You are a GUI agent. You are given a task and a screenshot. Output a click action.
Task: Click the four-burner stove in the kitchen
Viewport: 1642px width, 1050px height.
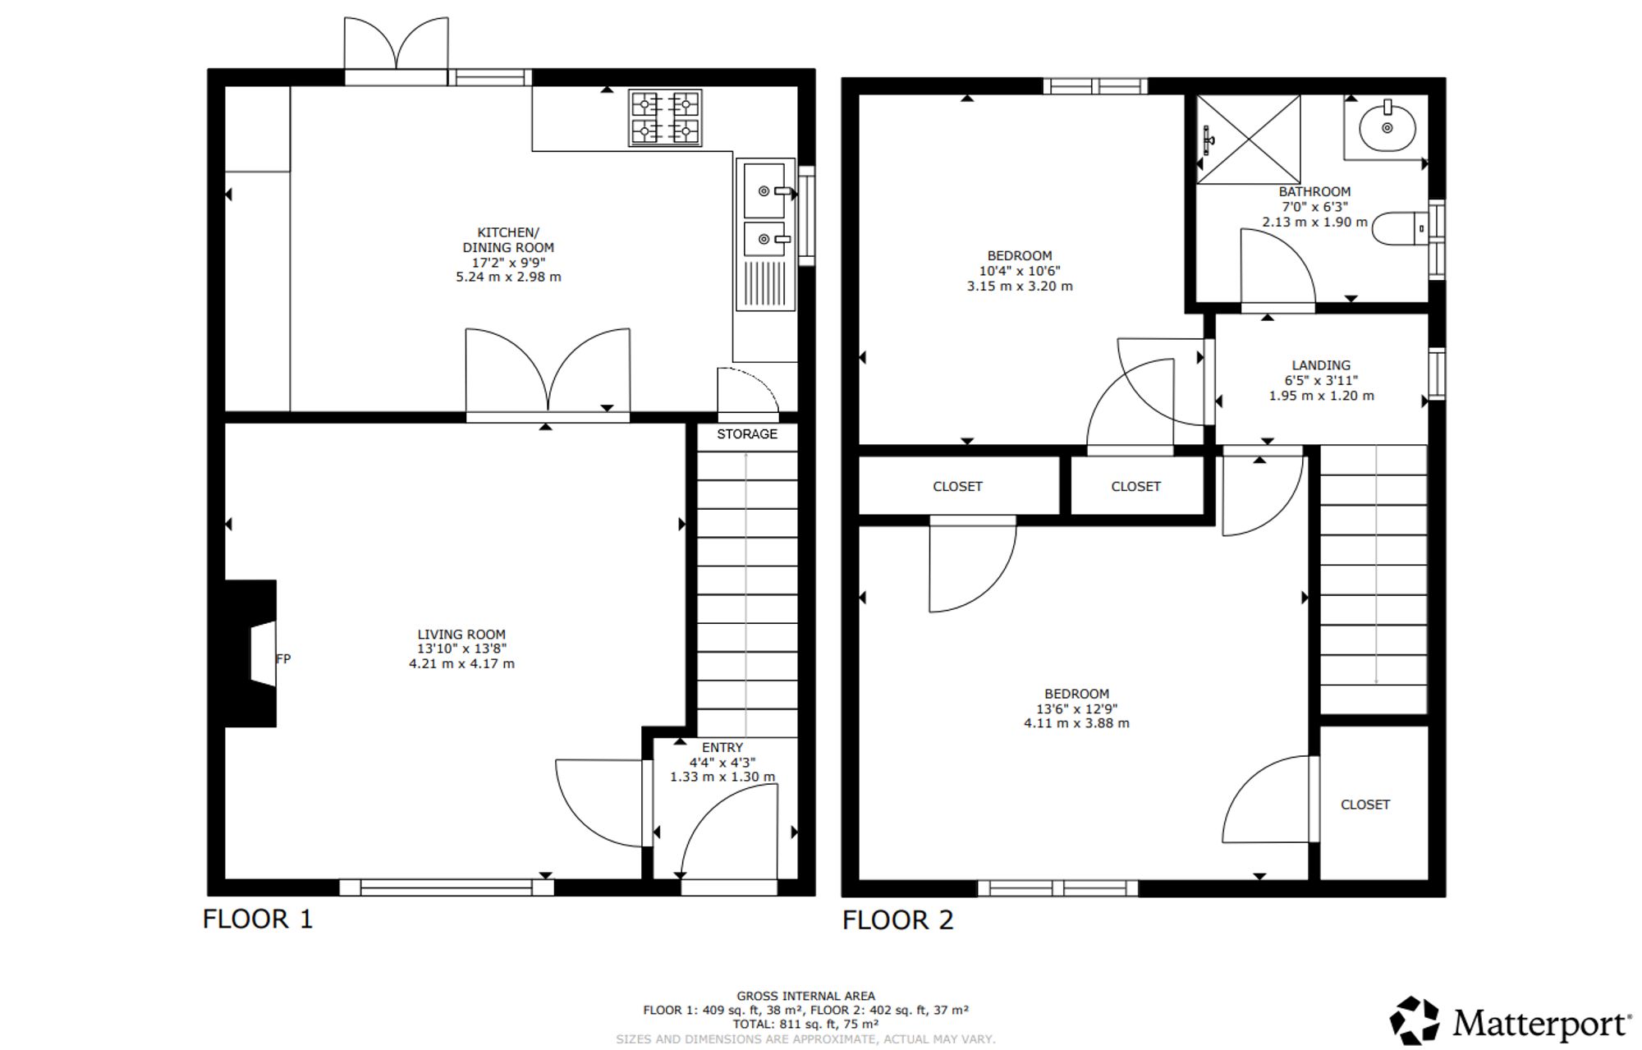pyautogui.click(x=665, y=117)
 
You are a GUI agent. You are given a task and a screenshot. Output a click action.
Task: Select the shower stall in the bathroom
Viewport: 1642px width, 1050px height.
pyautogui.click(x=1248, y=139)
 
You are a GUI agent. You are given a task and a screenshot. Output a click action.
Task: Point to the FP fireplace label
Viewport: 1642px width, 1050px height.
pyautogui.click(x=283, y=658)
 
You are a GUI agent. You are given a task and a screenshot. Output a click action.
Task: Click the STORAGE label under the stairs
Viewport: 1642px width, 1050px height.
pyautogui.click(x=747, y=433)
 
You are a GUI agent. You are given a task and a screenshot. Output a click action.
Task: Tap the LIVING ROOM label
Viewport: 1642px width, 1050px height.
pyautogui.click(x=461, y=634)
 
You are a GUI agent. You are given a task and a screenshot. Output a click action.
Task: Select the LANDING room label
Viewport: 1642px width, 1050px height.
pyautogui.click(x=1321, y=365)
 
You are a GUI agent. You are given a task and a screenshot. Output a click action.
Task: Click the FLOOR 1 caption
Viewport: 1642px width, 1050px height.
pyautogui.click(x=258, y=919)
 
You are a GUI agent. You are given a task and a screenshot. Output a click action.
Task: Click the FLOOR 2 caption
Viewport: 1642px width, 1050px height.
pyautogui.click(x=898, y=919)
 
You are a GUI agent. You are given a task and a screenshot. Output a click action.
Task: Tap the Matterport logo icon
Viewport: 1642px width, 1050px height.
pyautogui.click(x=1415, y=1020)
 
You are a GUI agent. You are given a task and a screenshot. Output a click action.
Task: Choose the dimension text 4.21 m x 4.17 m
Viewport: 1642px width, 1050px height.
pyautogui.click(x=462, y=663)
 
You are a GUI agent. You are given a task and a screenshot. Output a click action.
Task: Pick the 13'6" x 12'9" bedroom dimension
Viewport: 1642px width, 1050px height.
pyautogui.click(x=1076, y=708)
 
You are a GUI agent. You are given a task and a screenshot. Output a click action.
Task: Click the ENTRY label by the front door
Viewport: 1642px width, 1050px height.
pyautogui.click(x=722, y=747)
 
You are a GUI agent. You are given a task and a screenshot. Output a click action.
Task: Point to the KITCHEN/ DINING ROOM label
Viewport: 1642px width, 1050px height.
pyautogui.click(x=509, y=240)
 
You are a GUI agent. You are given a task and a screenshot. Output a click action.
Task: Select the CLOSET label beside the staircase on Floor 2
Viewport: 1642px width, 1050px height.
pyautogui.click(x=1365, y=805)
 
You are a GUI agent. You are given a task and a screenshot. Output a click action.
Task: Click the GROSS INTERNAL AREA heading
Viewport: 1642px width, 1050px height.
pyautogui.click(x=805, y=996)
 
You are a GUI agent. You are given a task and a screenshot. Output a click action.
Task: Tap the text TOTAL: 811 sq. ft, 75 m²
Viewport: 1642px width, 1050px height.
pyautogui.click(x=805, y=1024)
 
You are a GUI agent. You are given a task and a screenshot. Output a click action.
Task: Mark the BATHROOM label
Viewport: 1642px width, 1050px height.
pyautogui.click(x=1314, y=191)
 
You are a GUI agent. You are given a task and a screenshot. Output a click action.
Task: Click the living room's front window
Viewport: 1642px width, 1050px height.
pyautogui.click(x=447, y=887)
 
